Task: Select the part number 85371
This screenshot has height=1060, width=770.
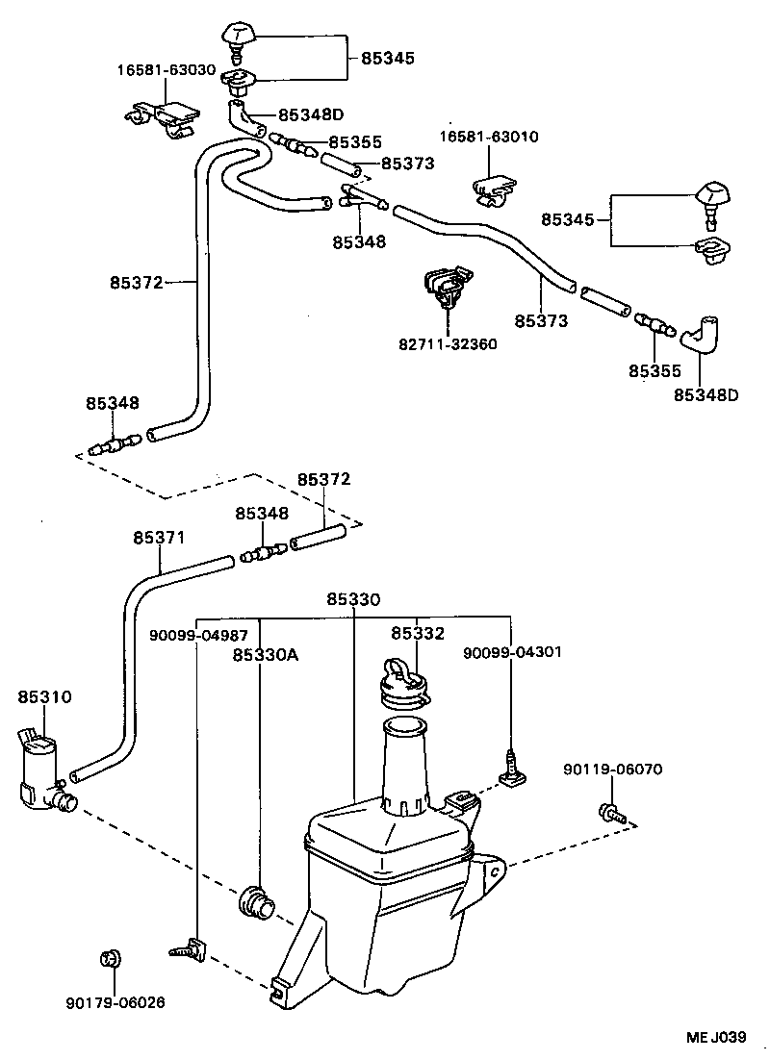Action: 159,538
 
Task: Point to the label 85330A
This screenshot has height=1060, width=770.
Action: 265,655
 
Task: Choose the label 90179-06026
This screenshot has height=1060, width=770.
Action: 115,1001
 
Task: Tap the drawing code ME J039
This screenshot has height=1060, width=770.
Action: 717,1036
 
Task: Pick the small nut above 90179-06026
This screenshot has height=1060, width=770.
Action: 110,958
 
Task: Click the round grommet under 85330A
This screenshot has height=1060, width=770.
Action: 257,902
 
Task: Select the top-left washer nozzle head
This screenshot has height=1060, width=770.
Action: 237,36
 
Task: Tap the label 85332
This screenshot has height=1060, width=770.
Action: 417,633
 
